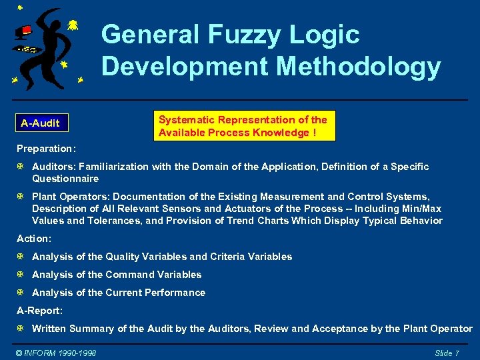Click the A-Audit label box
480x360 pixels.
[x=40, y=123]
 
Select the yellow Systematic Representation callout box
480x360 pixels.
[x=243, y=126]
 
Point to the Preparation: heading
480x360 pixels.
[x=46, y=148]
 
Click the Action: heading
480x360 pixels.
[x=34, y=238]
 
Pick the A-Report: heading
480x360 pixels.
[x=39, y=310]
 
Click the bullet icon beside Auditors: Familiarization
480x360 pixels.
[x=21, y=167]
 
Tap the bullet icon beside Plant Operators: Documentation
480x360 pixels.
[x=21, y=197]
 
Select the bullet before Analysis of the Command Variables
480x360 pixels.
[x=21, y=275]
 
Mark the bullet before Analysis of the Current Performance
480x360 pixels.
[x=21, y=293]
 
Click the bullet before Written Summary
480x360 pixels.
[x=21, y=329]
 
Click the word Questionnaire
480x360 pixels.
[x=65, y=179]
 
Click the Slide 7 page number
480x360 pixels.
[x=447, y=353]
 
